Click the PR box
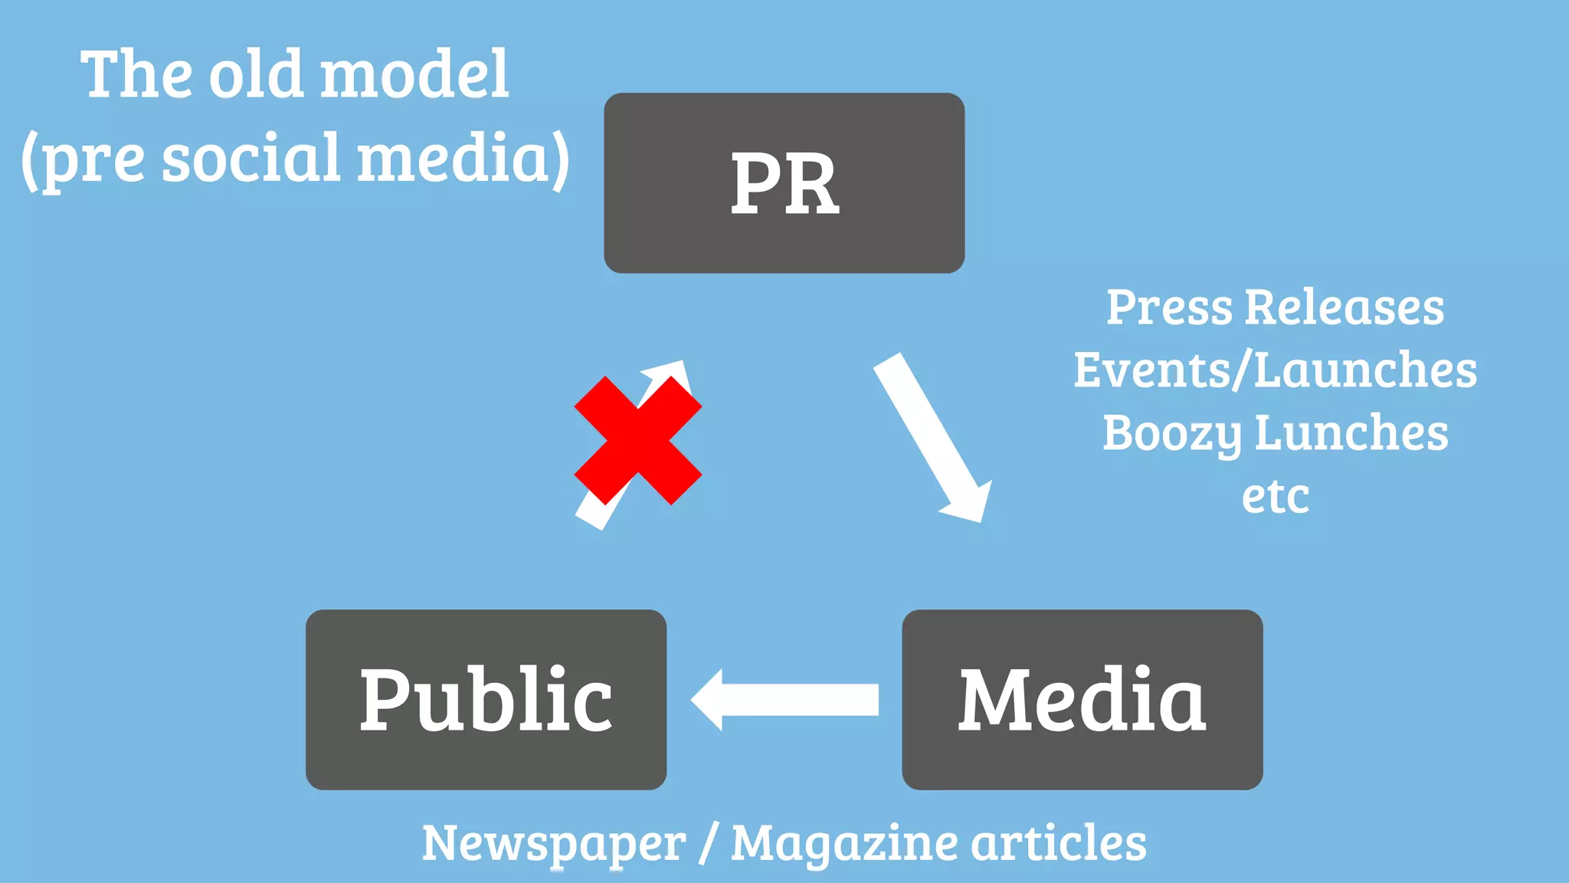[x=784, y=182]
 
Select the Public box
[x=486, y=699]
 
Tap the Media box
[x=1082, y=699]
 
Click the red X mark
[x=637, y=440]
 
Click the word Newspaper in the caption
[x=553, y=843]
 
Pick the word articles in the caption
[x=1060, y=843]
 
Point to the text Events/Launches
[x=1275, y=371]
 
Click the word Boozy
[x=1172, y=434]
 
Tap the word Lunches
[x=1351, y=434]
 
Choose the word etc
[x=1275, y=497]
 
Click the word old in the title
[x=256, y=74]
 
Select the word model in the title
[x=414, y=74]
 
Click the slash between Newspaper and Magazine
[x=709, y=843]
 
